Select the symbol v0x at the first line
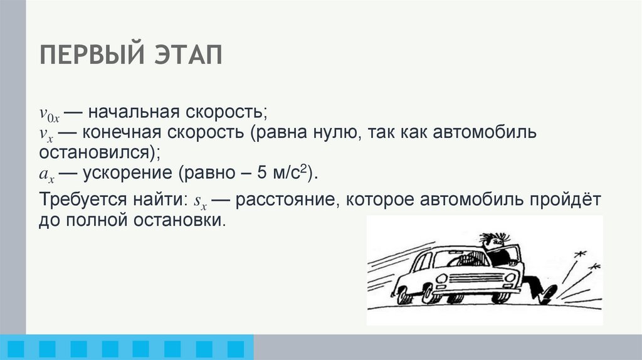49,115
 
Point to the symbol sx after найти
200,202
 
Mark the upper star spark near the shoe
579,253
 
